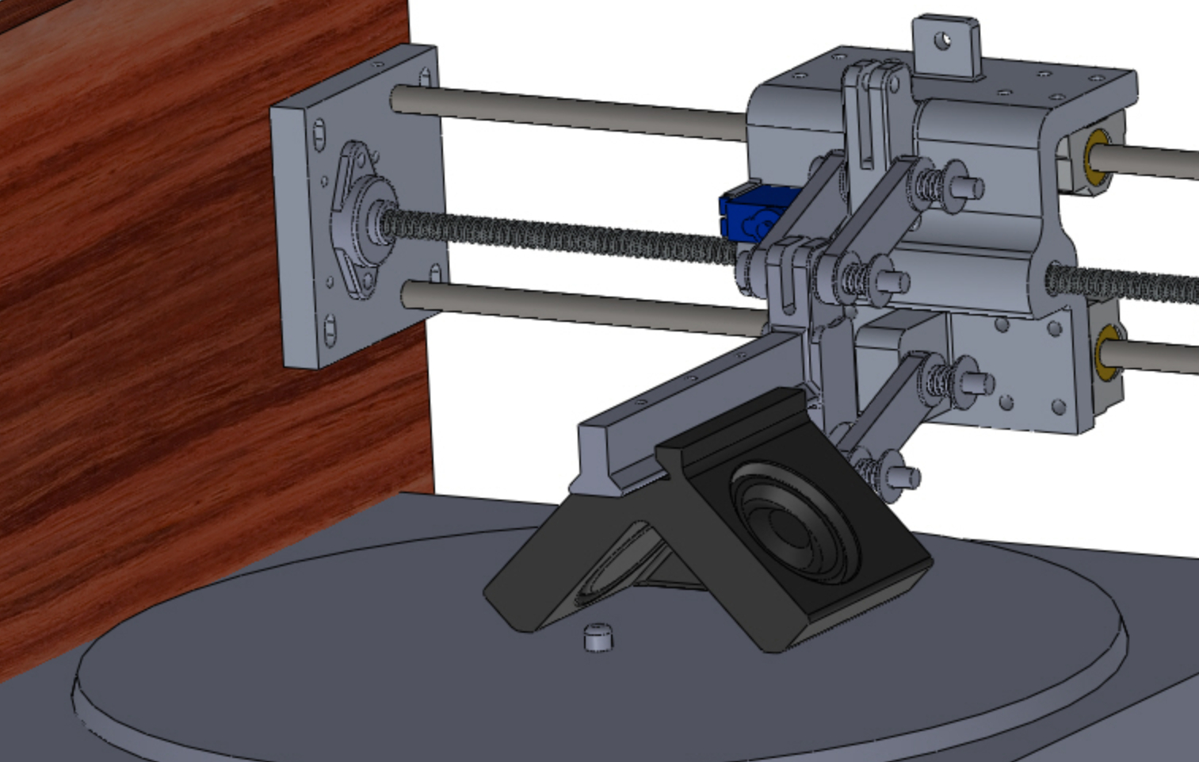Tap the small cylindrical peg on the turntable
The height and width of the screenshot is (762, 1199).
[598, 637]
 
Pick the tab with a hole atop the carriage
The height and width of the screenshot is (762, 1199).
[945, 44]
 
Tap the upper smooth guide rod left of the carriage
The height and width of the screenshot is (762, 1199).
[571, 113]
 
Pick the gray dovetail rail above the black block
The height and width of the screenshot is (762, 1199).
[682, 396]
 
